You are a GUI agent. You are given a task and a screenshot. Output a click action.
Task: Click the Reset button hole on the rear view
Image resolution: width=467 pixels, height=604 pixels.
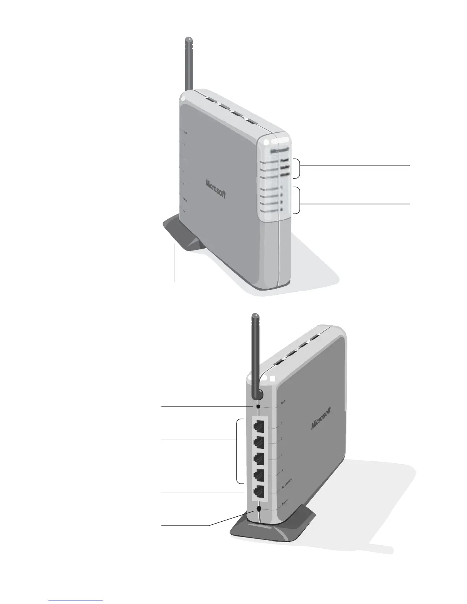point(259,406)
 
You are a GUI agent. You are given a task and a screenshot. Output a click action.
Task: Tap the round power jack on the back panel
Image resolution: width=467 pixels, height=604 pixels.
point(259,509)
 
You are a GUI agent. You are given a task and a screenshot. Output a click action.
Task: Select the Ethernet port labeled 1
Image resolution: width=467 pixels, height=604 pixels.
point(259,426)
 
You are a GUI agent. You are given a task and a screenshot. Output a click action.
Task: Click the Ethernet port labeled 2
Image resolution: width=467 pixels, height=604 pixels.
point(259,442)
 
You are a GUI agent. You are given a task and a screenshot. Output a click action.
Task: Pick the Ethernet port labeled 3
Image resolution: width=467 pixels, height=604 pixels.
point(259,459)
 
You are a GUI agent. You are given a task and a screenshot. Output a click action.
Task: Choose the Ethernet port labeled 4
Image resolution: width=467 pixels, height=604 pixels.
point(259,475)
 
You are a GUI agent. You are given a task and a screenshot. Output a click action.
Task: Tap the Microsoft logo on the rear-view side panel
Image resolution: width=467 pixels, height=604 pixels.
point(321,419)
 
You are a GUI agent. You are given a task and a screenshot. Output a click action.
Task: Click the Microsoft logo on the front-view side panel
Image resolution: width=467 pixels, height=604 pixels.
point(216,189)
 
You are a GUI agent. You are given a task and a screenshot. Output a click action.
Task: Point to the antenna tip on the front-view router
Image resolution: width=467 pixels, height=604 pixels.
point(187,39)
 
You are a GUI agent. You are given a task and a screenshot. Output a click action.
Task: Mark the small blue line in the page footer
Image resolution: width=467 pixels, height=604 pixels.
point(76,601)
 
